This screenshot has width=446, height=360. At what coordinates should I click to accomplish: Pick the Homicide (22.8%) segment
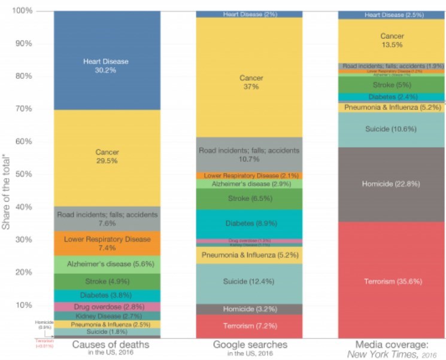pos(390,184)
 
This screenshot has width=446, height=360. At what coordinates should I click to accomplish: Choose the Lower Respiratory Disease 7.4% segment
pos(107,243)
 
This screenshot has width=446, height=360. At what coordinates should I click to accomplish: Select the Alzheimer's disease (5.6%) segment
pos(107,264)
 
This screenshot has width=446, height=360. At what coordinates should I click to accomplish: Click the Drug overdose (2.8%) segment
pos(107,306)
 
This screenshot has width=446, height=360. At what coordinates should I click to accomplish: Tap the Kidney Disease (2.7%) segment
pos(107,315)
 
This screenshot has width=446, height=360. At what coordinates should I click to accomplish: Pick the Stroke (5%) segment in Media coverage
pos(390,84)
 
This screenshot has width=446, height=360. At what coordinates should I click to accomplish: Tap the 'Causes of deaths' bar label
pos(107,345)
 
